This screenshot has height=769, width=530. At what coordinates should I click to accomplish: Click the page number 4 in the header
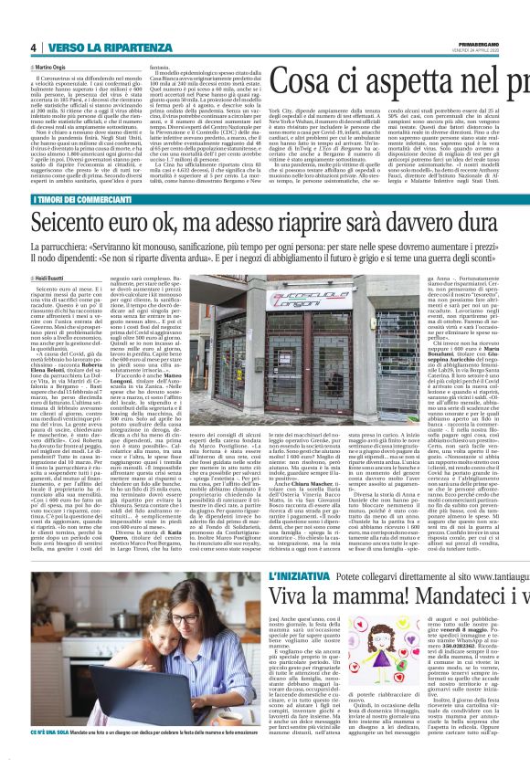pos(32,47)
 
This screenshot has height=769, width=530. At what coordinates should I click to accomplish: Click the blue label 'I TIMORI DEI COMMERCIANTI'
pos(73,200)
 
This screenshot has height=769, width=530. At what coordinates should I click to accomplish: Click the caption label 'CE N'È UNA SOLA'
pos(57,757)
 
